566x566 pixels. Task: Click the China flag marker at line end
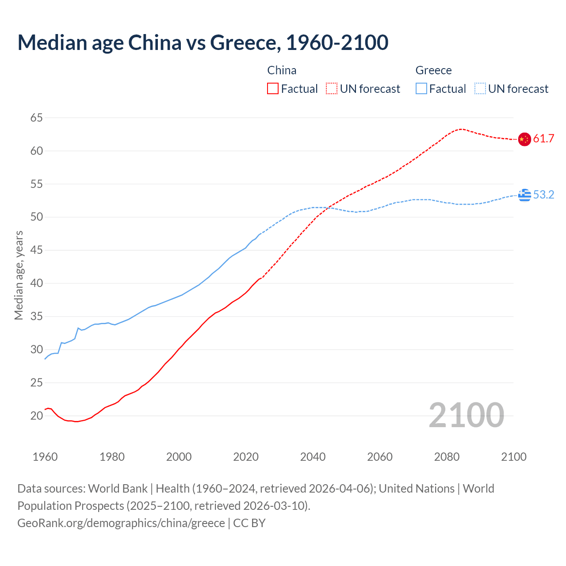tap(524, 139)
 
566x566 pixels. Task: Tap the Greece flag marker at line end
tap(524, 195)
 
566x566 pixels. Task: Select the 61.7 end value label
tap(543, 139)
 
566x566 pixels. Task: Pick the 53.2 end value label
tap(543, 195)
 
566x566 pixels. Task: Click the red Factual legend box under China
tap(273, 89)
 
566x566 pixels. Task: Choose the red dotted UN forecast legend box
tap(332, 89)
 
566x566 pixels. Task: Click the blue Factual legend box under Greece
tap(421, 89)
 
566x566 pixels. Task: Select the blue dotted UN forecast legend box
tap(480, 89)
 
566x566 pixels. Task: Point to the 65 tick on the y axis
tap(37, 118)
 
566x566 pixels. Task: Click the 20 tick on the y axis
tap(37, 416)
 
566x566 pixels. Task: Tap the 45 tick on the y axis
tap(37, 250)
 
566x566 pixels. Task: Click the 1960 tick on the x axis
tap(45, 457)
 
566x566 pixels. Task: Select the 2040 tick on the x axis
tap(313, 457)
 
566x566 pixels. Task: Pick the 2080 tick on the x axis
tap(447, 457)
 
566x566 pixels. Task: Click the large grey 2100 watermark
tap(466, 415)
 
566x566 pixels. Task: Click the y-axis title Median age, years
tap(19, 275)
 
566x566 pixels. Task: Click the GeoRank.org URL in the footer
tap(121, 523)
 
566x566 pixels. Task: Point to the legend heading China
tap(282, 70)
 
